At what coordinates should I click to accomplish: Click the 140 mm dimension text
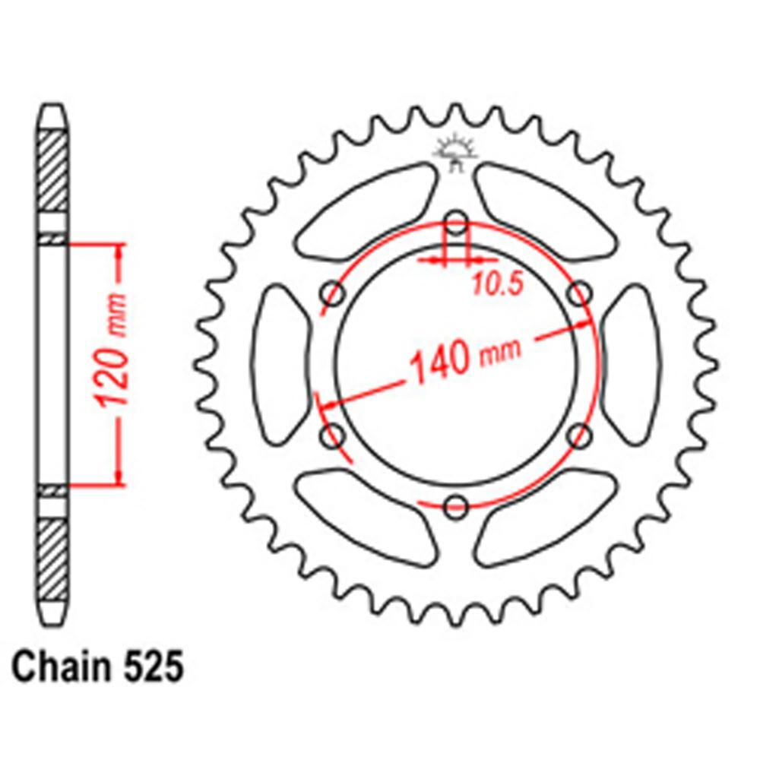tap(464, 358)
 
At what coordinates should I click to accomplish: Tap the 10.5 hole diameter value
tap(497, 284)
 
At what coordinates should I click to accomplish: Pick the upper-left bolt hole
tap(333, 294)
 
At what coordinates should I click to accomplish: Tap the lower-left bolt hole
tap(333, 436)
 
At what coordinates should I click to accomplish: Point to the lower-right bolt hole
tap(580, 436)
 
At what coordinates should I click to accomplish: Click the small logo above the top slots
tap(454, 152)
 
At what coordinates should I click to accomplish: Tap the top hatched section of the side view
tap(52, 171)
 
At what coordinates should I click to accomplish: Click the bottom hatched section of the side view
tap(52, 559)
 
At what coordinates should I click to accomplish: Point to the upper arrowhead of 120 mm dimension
tap(118, 255)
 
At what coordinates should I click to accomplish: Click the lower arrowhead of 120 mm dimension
tap(118, 474)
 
